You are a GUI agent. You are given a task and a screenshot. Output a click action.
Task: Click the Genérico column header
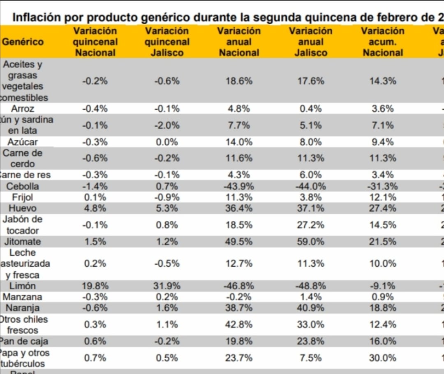pos(23,42)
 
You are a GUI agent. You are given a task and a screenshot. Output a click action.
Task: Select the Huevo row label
pos(22,208)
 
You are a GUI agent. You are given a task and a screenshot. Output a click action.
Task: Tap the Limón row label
pos(22,286)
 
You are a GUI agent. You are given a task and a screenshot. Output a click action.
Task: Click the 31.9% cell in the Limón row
pos(167,286)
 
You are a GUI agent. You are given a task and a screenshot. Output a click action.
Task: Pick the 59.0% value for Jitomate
pos(311,242)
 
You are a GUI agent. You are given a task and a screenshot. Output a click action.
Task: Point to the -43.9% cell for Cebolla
pos(239,186)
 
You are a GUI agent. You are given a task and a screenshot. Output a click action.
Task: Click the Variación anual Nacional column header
pos(239,42)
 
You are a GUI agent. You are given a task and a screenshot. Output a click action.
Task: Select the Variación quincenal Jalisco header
pos(167,42)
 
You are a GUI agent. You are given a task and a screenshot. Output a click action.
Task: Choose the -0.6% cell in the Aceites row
pos(167,81)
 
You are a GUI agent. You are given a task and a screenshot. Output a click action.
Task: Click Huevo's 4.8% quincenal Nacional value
pos(95,208)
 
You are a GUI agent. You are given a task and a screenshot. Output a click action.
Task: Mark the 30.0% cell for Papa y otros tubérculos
pos(383,358)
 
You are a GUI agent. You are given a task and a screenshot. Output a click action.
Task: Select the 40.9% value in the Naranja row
pos(311,308)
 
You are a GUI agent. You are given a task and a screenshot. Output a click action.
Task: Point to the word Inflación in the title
pos(35,17)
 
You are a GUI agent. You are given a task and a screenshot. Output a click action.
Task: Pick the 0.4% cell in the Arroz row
pos(311,109)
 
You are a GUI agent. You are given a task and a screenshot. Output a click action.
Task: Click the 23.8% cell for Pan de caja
pos(311,341)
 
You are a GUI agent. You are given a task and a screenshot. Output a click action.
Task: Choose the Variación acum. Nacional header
pos(383,42)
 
